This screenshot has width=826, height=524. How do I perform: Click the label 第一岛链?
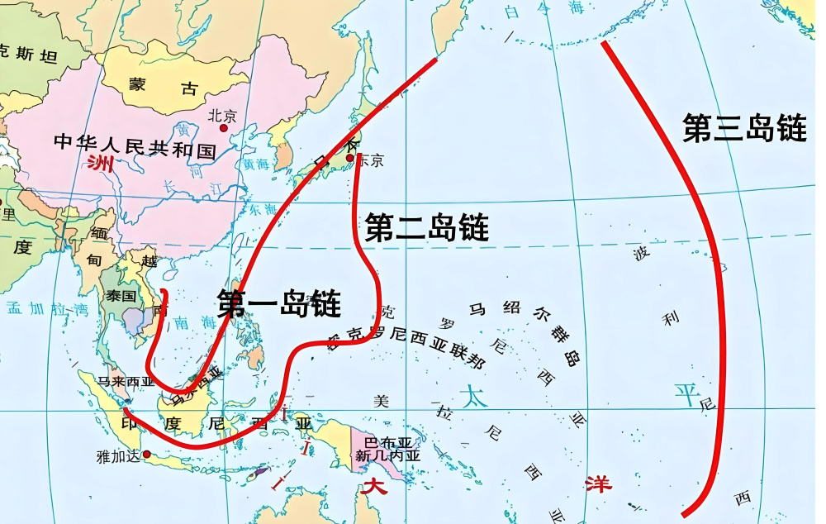coord(279,303)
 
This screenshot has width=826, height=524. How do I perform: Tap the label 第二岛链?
coord(426,226)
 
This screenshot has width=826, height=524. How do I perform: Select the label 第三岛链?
coord(744,128)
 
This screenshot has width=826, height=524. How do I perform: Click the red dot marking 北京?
coord(222,129)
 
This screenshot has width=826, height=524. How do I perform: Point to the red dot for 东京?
coord(350,158)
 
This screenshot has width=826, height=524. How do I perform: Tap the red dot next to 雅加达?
coord(147,454)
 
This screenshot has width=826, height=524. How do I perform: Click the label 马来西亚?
coord(126,382)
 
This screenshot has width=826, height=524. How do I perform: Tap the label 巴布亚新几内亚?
coord(387,448)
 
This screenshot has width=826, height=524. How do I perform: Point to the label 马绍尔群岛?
coord(525,331)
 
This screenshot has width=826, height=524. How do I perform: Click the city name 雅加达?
coord(116,454)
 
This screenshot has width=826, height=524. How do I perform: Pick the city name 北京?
coord(222,116)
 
